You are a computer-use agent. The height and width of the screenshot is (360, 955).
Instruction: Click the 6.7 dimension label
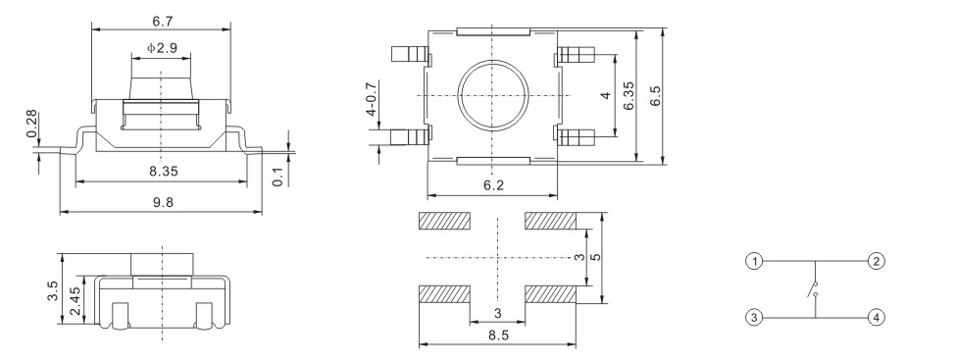(163, 20)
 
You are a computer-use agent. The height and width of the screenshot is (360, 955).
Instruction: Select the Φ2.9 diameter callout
(163, 47)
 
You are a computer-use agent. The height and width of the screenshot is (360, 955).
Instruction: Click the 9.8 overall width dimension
(163, 201)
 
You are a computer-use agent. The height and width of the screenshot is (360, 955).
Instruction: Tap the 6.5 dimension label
(656, 96)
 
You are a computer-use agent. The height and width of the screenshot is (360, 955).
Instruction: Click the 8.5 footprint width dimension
(498, 335)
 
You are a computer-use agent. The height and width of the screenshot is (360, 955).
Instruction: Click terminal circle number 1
(752, 261)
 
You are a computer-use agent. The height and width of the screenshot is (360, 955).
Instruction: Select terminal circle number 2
(876, 261)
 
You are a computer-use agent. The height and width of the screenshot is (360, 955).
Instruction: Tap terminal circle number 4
(876, 317)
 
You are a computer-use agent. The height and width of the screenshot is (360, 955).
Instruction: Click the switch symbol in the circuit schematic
(813, 289)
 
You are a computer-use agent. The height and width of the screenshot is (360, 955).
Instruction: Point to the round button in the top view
(492, 94)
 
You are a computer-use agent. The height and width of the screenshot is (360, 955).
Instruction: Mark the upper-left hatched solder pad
(445, 222)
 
